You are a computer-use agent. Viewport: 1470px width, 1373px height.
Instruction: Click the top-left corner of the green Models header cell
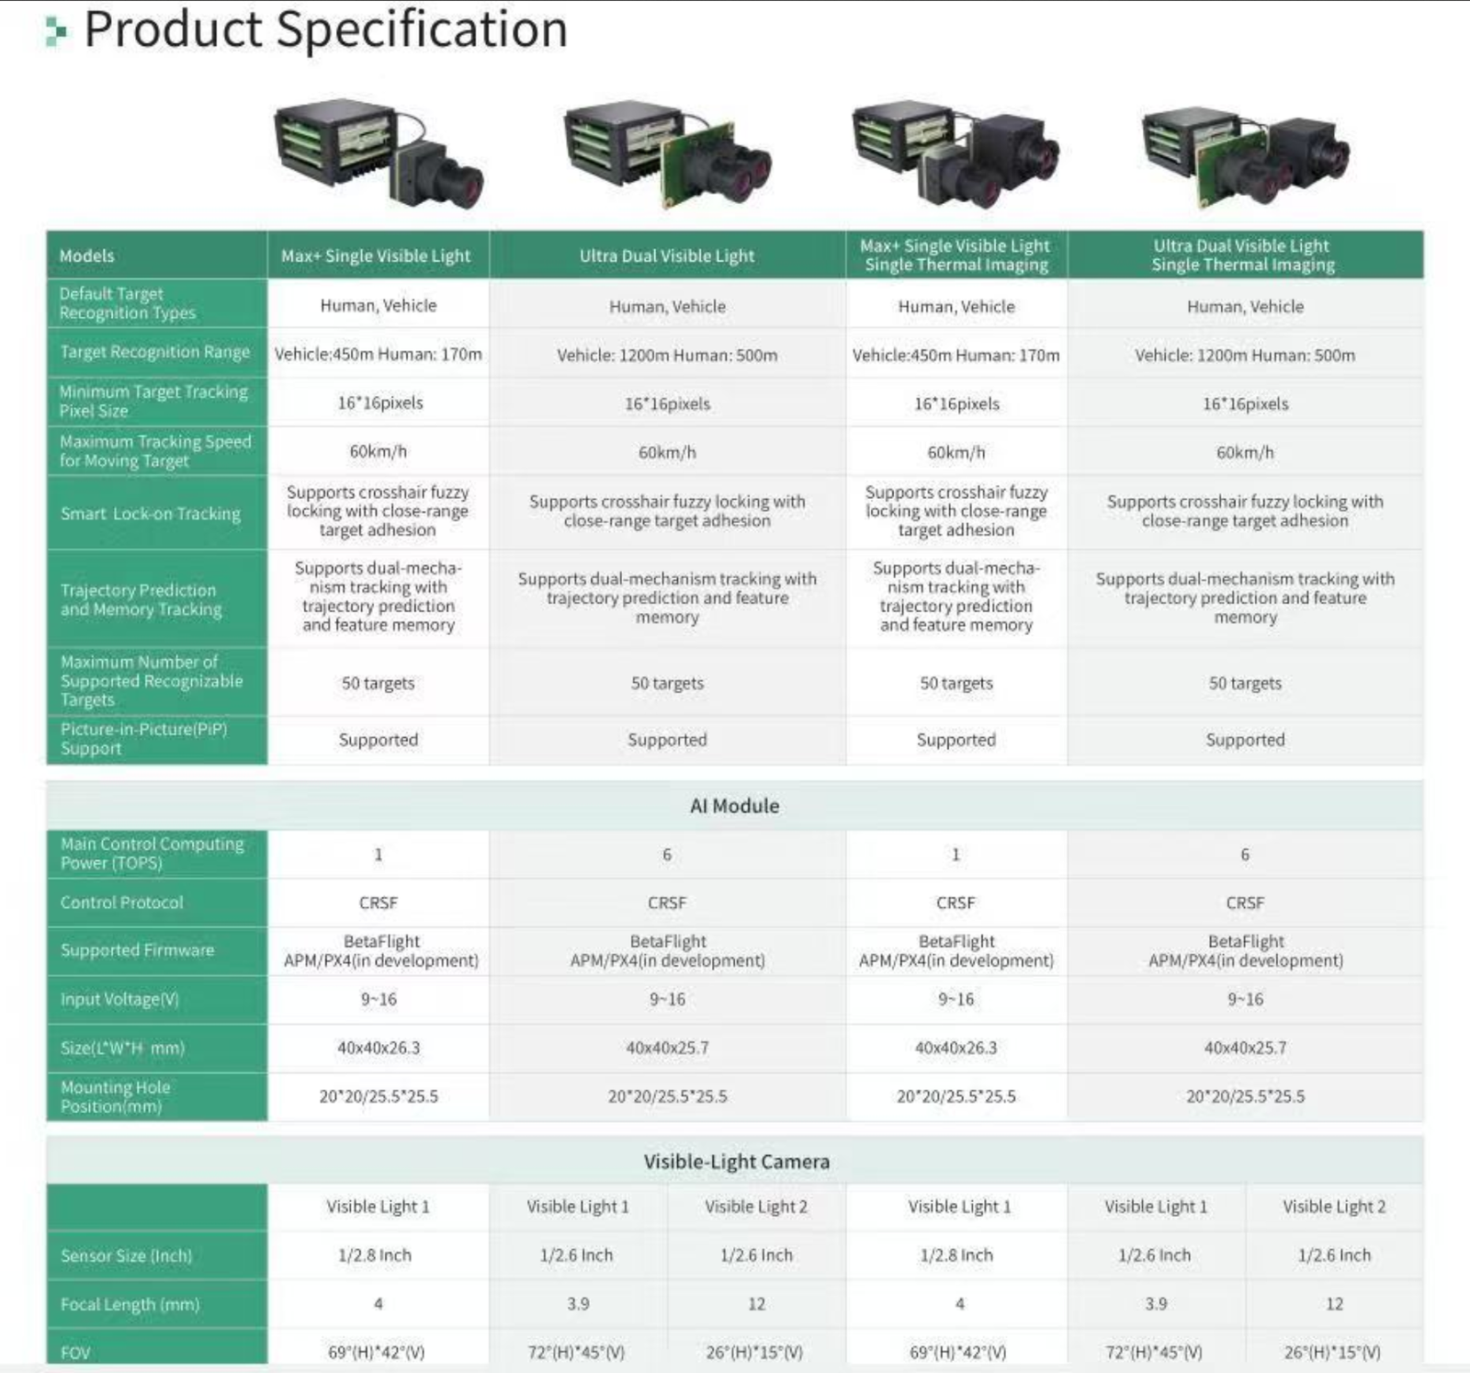click(x=47, y=232)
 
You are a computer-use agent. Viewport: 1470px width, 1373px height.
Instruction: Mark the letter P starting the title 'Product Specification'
click(x=100, y=29)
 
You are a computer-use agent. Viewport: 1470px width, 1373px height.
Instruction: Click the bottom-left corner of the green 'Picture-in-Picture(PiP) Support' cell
click(x=47, y=765)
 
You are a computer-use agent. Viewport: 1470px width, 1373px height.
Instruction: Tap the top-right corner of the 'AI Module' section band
click(x=1423, y=782)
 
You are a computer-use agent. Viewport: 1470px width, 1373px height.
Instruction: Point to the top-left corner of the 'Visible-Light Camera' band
click(x=47, y=1137)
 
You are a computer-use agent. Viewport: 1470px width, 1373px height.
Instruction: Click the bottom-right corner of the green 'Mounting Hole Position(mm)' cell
click(x=267, y=1121)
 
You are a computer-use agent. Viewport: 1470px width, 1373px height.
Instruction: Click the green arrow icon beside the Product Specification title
click(x=56, y=31)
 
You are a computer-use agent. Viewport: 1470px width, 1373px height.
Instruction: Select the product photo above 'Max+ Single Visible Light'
click(x=379, y=153)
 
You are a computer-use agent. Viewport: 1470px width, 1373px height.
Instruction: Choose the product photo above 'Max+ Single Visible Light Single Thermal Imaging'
click(x=955, y=153)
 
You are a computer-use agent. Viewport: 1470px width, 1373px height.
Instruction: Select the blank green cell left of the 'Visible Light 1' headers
click(x=157, y=1208)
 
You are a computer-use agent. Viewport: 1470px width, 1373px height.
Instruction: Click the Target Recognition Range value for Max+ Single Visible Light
click(x=378, y=355)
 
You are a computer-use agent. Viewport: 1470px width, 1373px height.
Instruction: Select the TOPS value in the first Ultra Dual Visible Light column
click(x=667, y=855)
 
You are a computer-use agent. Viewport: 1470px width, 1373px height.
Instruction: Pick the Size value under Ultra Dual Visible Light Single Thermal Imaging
click(x=1245, y=1048)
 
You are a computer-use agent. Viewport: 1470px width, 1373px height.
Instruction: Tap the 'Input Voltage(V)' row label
click(x=119, y=1000)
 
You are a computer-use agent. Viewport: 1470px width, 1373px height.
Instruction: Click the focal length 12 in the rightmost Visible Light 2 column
click(x=1334, y=1304)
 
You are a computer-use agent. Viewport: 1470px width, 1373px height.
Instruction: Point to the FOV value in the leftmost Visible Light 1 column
click(x=377, y=1353)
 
